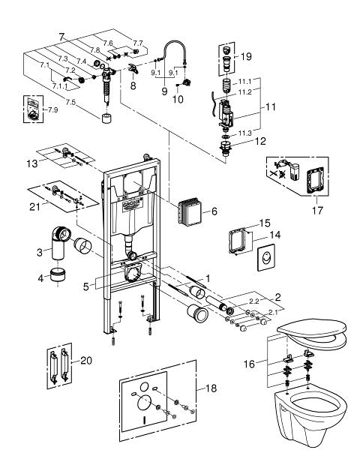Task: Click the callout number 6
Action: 214,212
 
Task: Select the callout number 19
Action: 246,55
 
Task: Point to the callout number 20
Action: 88,359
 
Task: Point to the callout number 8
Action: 133,86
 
